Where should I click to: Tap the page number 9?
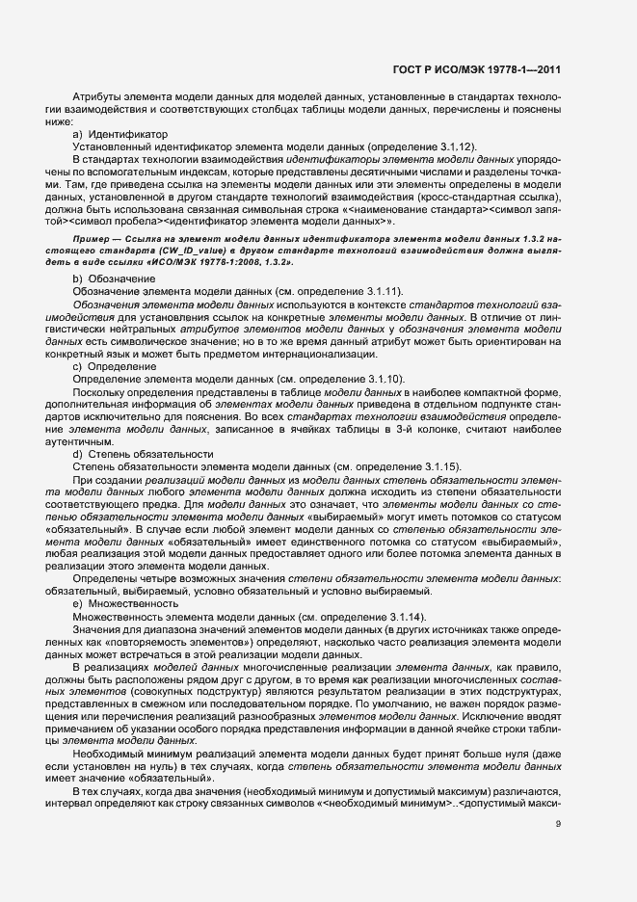point(559,824)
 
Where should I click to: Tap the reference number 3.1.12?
point(452,146)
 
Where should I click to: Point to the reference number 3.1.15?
point(437,466)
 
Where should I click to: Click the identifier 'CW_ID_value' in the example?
point(171,249)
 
